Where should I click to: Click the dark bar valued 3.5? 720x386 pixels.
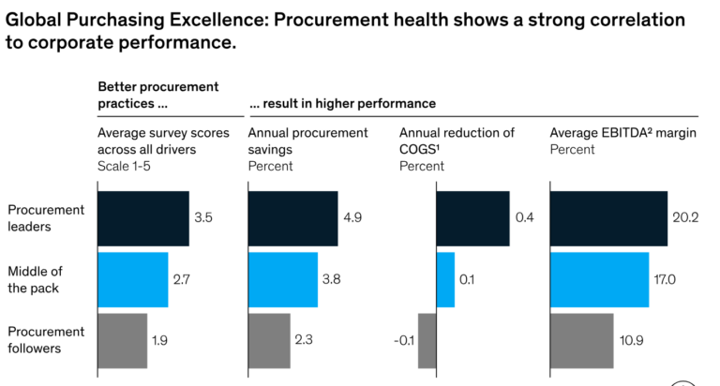pyautogui.click(x=143, y=218)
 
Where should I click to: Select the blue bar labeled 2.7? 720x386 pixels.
pyautogui.click(x=133, y=279)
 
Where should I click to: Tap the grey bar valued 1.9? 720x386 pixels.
pyautogui.click(x=123, y=340)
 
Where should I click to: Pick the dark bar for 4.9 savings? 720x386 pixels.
pyautogui.click(x=292, y=218)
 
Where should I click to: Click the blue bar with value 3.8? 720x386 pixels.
pyautogui.click(x=282, y=279)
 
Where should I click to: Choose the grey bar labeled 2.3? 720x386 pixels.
pyautogui.click(x=269, y=340)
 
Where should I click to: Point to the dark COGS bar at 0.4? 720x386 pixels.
pyautogui.click(x=472, y=218)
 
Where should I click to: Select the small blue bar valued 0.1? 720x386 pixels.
pyautogui.click(x=445, y=279)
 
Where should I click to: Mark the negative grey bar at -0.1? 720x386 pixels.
pyautogui.click(x=427, y=340)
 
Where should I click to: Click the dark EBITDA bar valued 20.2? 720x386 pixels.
pyautogui.click(x=608, y=218)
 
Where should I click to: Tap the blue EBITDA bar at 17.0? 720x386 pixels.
pyautogui.click(x=599, y=279)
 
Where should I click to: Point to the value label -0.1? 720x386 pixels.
pyautogui.click(x=404, y=340)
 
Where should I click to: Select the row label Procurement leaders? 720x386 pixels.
pyautogui.click(x=46, y=217)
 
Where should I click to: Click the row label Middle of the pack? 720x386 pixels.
pyautogui.click(x=34, y=279)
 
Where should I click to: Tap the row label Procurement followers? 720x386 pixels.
pyautogui.click(x=46, y=340)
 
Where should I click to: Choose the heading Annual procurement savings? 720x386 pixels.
pyautogui.click(x=307, y=141)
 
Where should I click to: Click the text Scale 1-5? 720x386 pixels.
pyautogui.click(x=127, y=166)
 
